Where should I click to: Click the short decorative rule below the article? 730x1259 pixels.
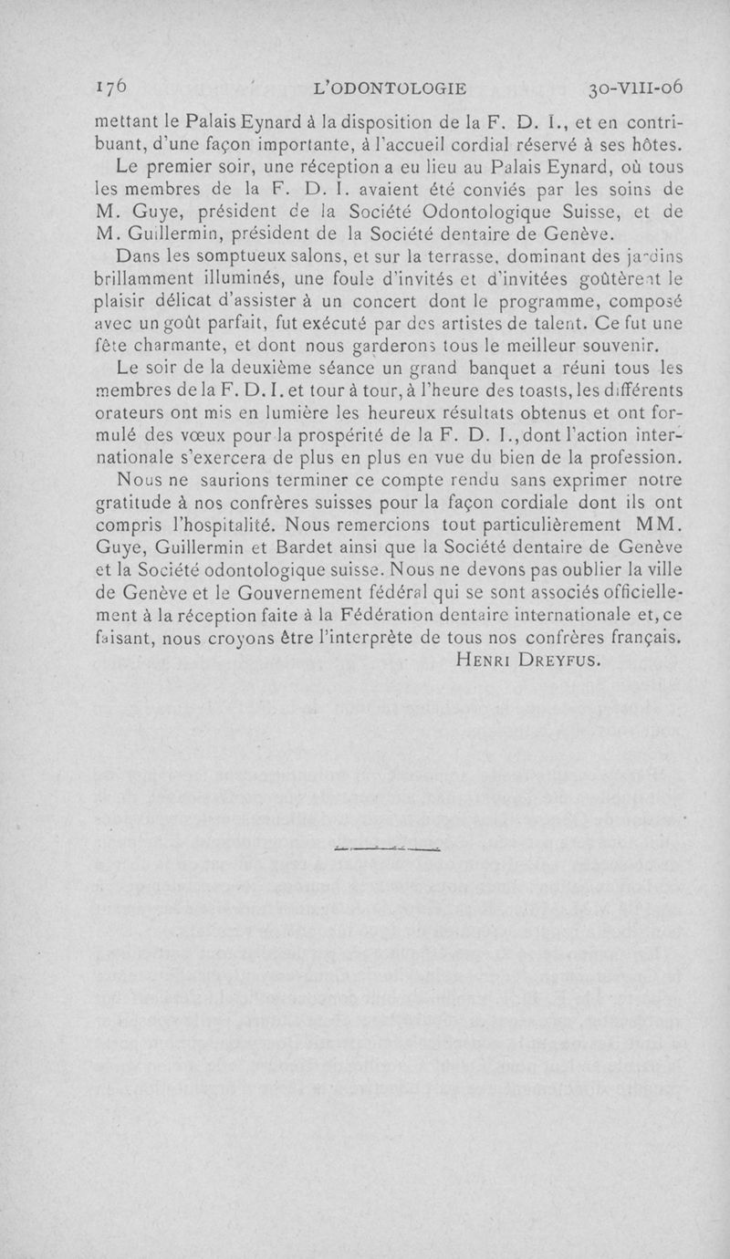[387, 849]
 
